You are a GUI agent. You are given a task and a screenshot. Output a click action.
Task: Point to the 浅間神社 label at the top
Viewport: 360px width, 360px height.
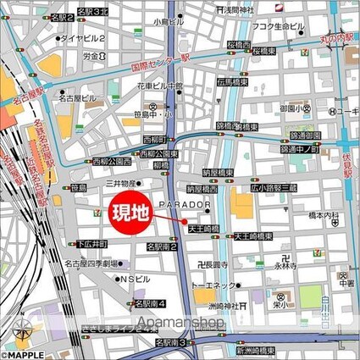pos(238,9)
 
